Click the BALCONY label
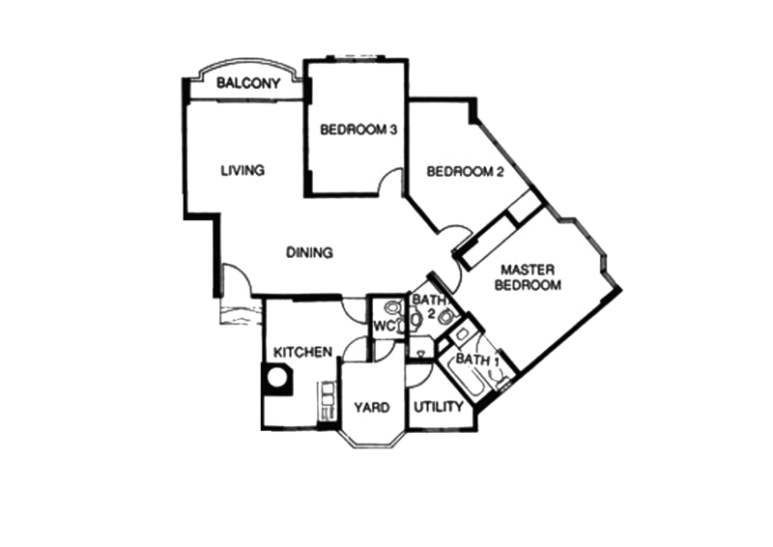[248, 84]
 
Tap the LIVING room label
[243, 171]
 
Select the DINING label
[309, 253]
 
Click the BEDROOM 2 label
[466, 172]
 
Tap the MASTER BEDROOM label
[528, 278]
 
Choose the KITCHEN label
[302, 352]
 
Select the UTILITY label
[439, 408]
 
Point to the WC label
[386, 327]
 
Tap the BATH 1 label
[475, 360]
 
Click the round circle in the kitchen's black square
[277, 378]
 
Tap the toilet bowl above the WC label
[390, 307]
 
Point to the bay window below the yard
[372, 440]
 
